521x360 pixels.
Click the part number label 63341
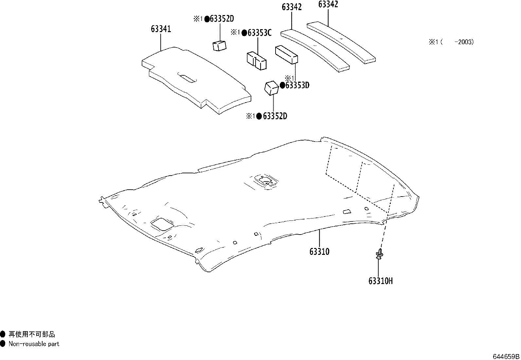(161, 29)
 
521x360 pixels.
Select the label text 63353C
(260, 33)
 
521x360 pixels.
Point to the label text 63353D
(297, 85)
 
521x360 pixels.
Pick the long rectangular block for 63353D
(287, 54)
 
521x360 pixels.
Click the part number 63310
(319, 252)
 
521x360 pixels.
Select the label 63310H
(380, 281)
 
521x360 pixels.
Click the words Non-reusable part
(34, 344)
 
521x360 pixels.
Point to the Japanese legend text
(32, 334)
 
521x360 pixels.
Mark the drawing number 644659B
(506, 356)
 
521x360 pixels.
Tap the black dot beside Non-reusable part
(3, 344)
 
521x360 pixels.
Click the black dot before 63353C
(244, 33)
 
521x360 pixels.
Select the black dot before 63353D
(282, 85)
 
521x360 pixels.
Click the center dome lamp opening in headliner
(265, 180)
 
